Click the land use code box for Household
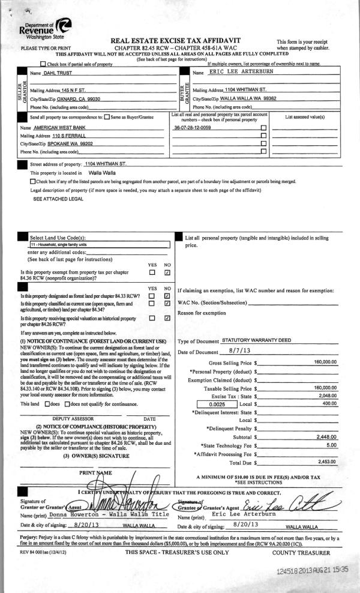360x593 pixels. click(100, 245)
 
